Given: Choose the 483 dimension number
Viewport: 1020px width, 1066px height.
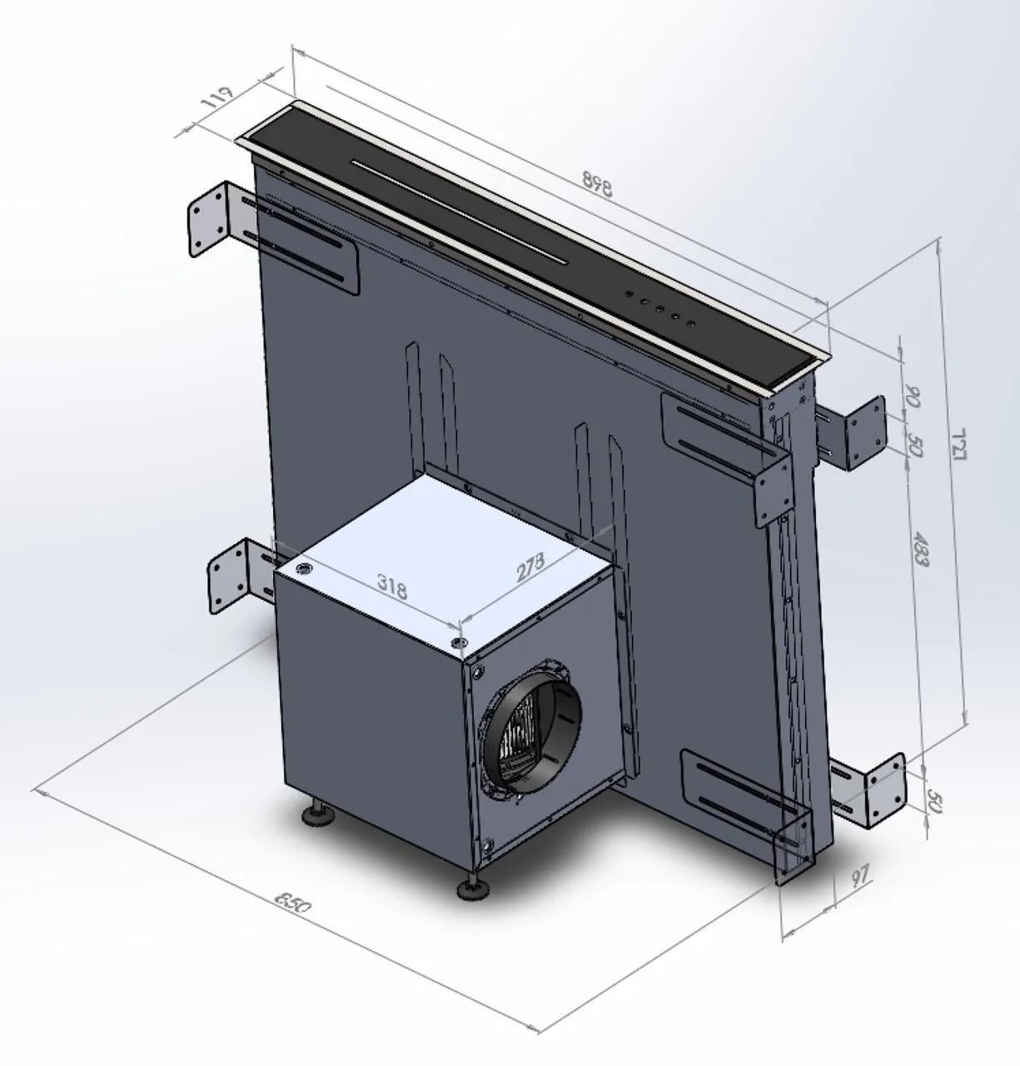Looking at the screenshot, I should click(x=919, y=549).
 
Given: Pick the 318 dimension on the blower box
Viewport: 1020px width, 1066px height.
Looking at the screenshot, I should click(x=392, y=588).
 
